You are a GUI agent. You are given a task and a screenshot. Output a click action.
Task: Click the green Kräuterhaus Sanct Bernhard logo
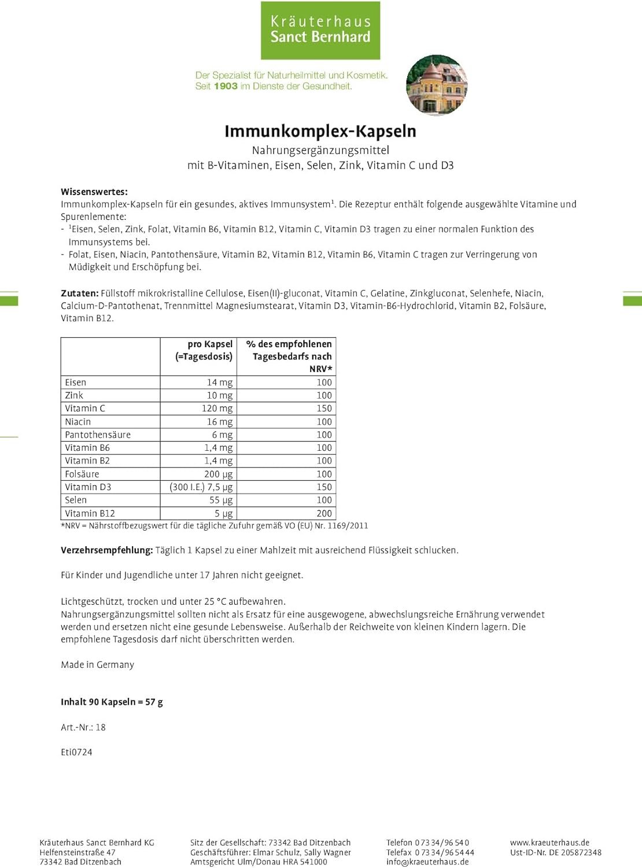(320, 30)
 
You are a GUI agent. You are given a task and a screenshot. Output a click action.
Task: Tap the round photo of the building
(437, 85)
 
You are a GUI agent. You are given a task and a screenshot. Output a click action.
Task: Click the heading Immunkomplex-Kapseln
(320, 131)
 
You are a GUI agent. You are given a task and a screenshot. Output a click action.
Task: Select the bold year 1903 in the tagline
(226, 86)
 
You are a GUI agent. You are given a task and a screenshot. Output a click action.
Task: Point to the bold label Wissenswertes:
(94, 192)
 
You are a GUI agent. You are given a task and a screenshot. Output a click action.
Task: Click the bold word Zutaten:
(80, 293)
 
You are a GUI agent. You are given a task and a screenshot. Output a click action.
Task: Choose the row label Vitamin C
(85, 409)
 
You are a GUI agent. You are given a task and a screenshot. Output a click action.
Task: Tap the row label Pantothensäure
(98, 435)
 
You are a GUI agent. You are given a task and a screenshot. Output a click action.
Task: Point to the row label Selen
(76, 500)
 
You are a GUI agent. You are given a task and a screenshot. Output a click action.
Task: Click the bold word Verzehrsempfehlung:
(106, 550)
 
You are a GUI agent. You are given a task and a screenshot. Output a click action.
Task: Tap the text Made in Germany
(97, 665)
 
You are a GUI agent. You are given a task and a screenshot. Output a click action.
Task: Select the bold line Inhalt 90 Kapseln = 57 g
(112, 702)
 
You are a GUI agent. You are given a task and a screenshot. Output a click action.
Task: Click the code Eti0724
(76, 752)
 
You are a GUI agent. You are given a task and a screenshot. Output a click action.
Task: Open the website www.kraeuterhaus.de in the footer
(549, 843)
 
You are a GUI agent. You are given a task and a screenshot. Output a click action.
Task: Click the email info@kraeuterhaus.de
(427, 862)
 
